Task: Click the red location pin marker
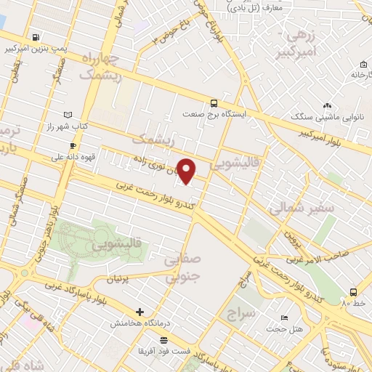click(x=187, y=171)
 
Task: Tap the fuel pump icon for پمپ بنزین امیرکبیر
click(x=35, y=36)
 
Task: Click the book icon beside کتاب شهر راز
click(x=68, y=115)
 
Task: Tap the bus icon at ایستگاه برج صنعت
click(x=213, y=103)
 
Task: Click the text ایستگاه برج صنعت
click(x=213, y=115)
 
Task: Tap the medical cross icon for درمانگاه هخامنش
click(x=139, y=312)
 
